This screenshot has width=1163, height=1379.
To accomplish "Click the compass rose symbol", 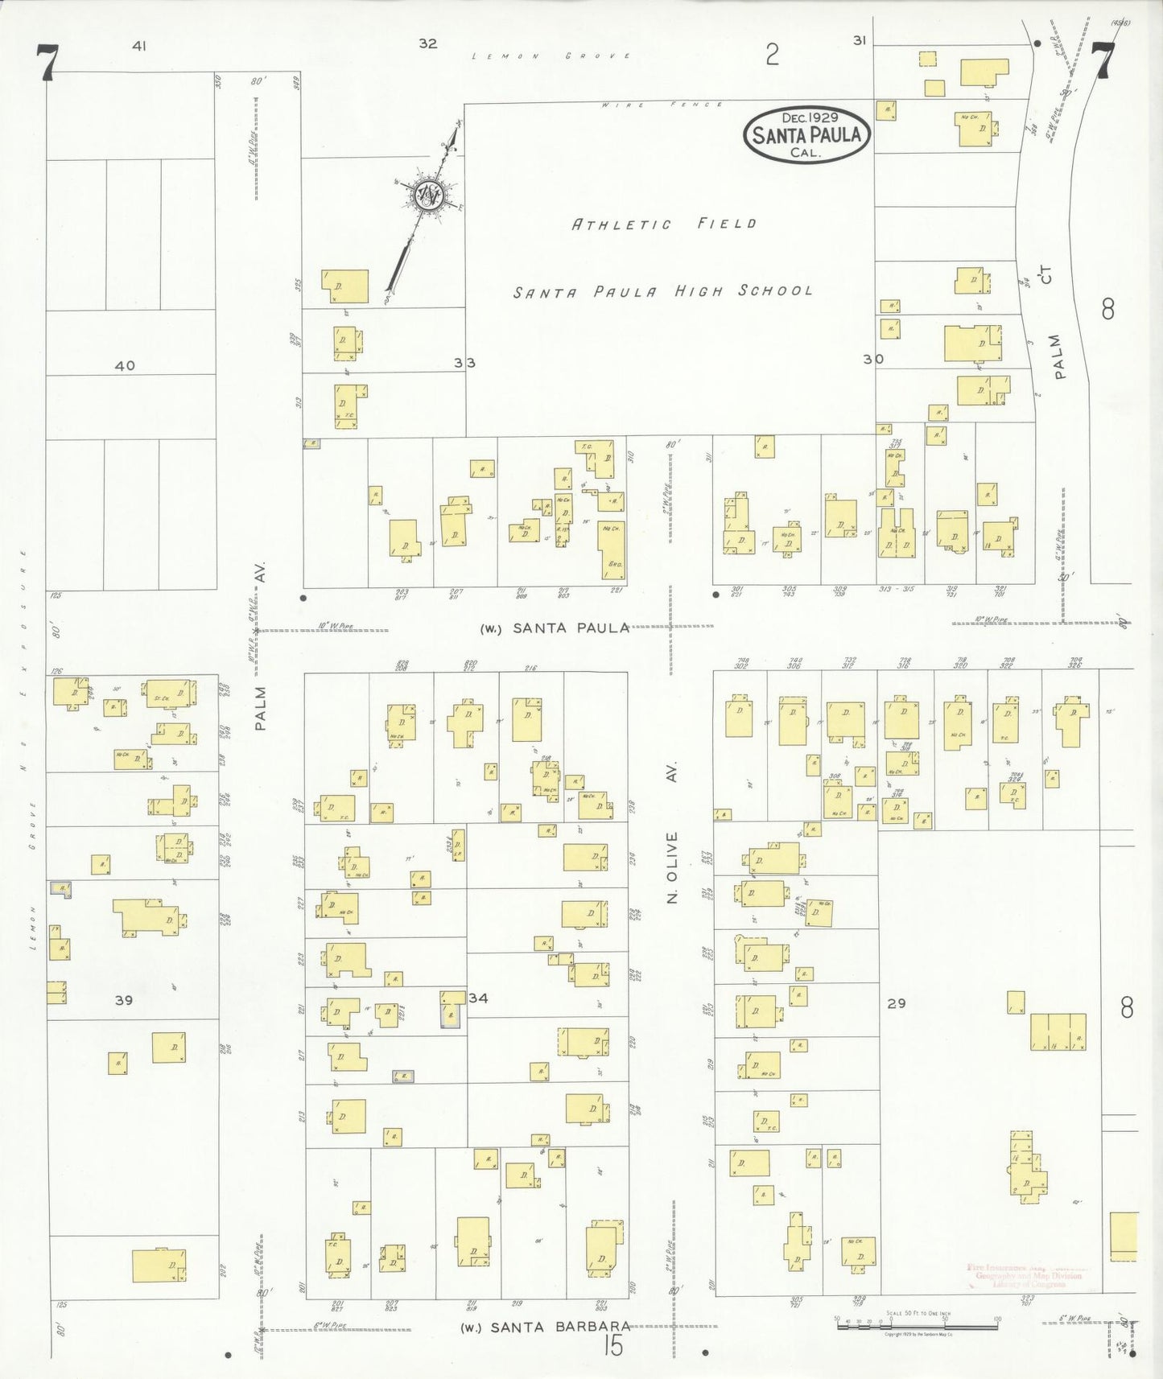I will (427, 195).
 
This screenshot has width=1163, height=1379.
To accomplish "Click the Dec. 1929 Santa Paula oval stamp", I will (806, 134).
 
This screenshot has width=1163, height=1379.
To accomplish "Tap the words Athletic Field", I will (664, 224).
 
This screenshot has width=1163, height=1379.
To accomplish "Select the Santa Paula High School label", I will (663, 291).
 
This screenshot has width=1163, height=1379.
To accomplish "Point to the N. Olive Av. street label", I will (674, 832).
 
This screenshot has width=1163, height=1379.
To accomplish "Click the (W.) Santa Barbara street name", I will (545, 1327).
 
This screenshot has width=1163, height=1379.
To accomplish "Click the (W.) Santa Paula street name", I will (555, 628).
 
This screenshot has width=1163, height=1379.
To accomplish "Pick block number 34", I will (478, 998).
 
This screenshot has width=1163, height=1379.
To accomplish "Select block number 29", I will (896, 1003).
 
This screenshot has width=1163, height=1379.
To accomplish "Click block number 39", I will (123, 1000).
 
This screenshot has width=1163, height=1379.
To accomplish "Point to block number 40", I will (125, 365).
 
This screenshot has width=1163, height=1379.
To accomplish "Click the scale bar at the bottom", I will (918, 1323).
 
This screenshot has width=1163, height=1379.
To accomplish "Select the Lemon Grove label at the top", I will (551, 56).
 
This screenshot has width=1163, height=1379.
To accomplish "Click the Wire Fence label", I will (662, 105).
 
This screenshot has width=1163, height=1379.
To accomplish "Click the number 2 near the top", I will (772, 55).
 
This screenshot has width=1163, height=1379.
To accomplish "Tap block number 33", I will (464, 363).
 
